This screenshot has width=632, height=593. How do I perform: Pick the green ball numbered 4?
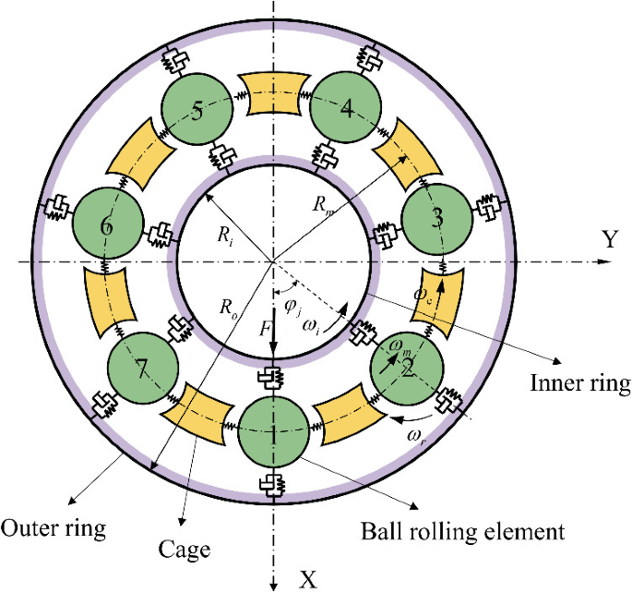[x=346, y=110]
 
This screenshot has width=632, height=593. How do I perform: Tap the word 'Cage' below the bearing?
[x=185, y=551]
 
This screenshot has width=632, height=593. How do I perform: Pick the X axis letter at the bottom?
[x=309, y=579]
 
